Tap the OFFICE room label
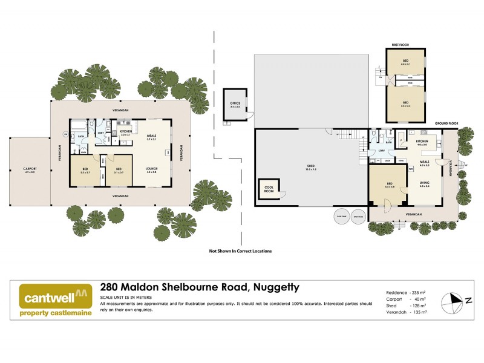[235, 104]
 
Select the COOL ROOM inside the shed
[269, 189]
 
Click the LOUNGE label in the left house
[151, 169]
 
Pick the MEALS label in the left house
[151, 137]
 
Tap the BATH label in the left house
[80, 136]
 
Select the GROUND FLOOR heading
[446, 123]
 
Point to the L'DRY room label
[382, 151]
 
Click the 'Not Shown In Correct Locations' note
[240, 250]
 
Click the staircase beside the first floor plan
[381, 75]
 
